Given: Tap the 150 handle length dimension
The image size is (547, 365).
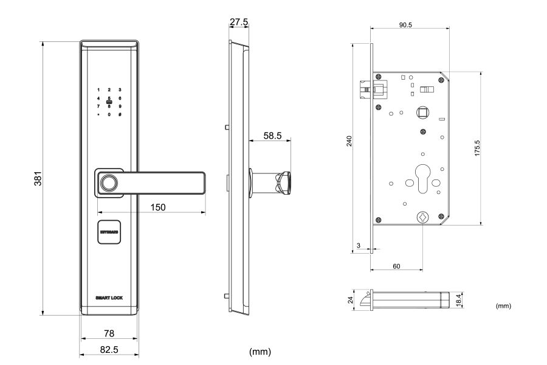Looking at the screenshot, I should [x=158, y=207].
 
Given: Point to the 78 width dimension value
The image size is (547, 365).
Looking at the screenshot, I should [x=109, y=333].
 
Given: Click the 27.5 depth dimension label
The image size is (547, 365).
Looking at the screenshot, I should [x=238, y=22].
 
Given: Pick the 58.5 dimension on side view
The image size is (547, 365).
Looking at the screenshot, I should [x=272, y=136].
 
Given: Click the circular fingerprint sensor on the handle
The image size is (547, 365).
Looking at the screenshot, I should [x=109, y=182].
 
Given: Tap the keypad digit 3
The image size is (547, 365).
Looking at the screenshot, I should [x=120, y=89].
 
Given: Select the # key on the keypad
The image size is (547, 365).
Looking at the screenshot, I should [x=120, y=114].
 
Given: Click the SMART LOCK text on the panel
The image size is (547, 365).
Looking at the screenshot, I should [x=109, y=297].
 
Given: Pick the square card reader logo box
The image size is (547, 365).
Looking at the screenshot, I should [x=109, y=232].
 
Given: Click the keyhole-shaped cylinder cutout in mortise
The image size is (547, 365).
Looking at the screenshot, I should [x=422, y=173].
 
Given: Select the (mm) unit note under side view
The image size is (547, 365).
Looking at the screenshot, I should [x=260, y=352].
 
